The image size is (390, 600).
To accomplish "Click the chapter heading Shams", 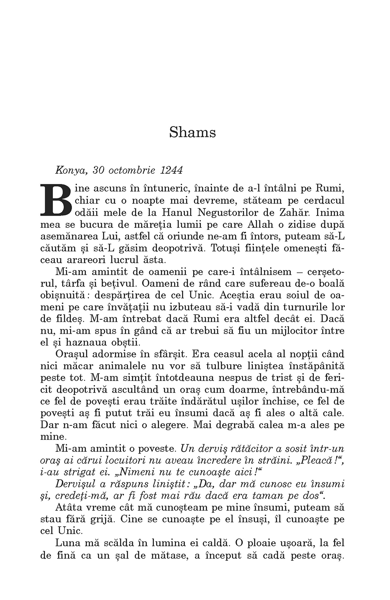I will click(192, 133).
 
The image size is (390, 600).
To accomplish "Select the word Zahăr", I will click(295, 212).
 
